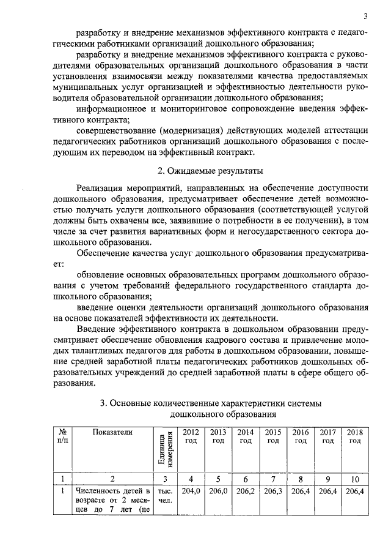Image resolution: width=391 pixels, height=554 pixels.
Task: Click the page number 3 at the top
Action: [365, 16]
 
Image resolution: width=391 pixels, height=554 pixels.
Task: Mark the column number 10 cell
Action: [354, 479]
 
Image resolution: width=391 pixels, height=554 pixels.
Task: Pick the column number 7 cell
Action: [273, 479]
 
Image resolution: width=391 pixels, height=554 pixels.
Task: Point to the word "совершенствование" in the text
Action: [120, 130]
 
